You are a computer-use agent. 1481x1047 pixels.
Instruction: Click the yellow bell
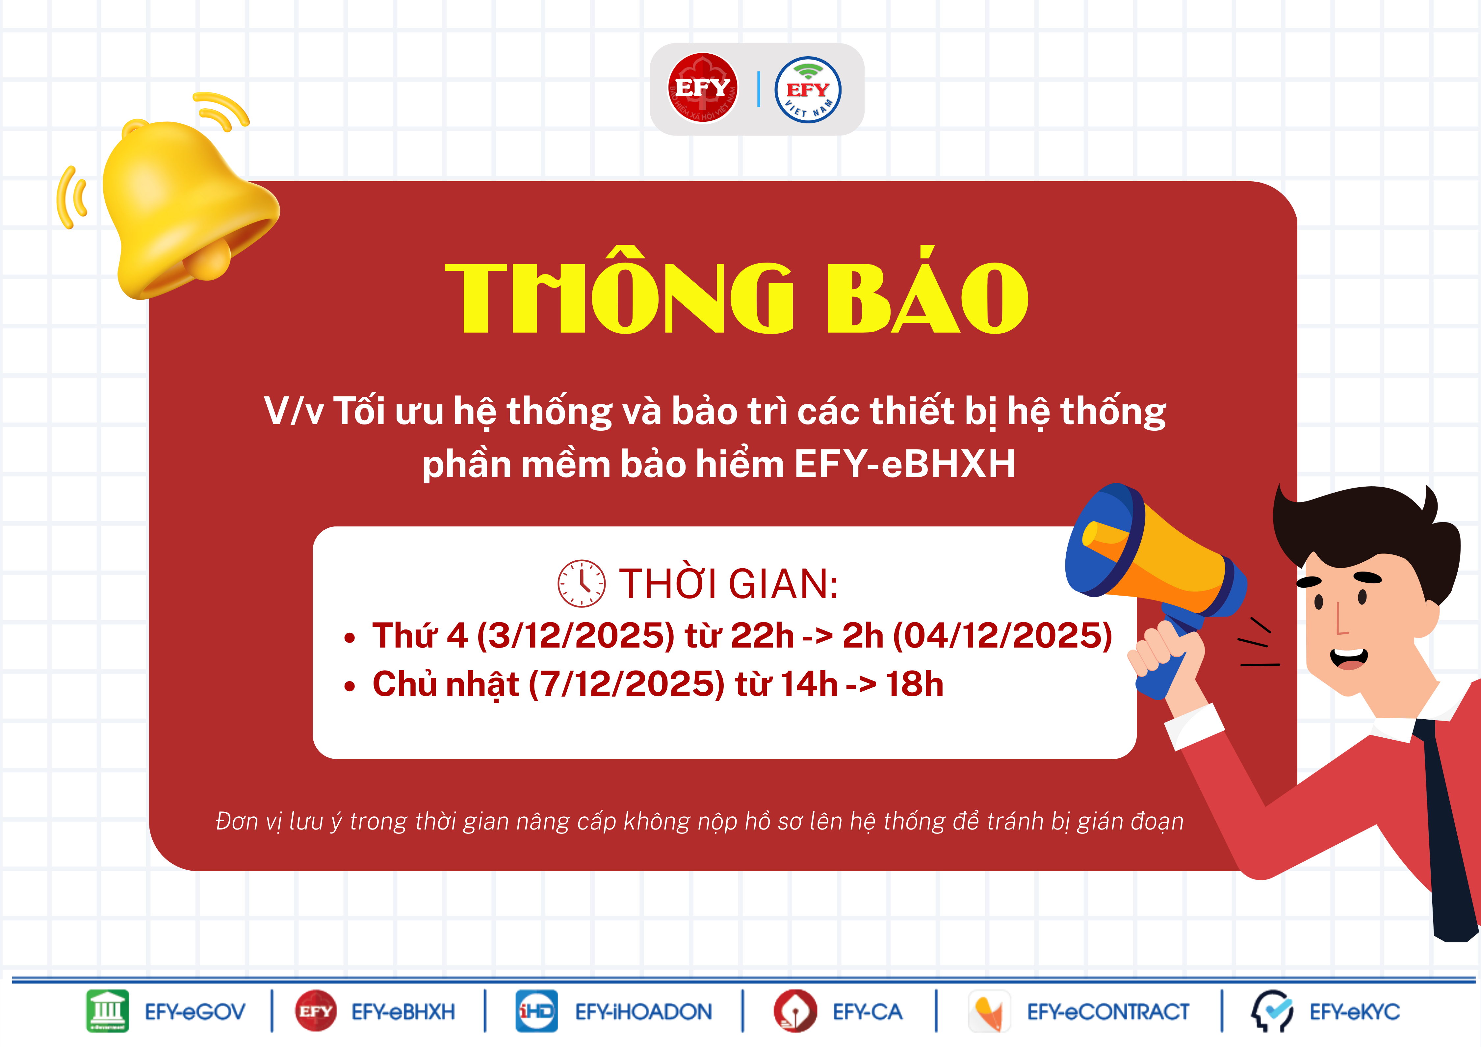point(187,206)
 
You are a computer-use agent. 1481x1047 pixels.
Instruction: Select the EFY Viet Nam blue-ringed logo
point(808,89)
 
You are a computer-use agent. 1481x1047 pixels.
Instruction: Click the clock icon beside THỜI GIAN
point(581,583)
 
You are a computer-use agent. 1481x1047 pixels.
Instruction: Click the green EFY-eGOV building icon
point(108,1011)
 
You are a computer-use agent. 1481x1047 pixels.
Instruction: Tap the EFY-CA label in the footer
point(868,1011)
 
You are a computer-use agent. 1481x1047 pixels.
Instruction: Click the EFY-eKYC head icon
point(1272,1011)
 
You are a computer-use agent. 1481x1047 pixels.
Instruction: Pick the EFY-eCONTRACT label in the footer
point(1108,1011)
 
